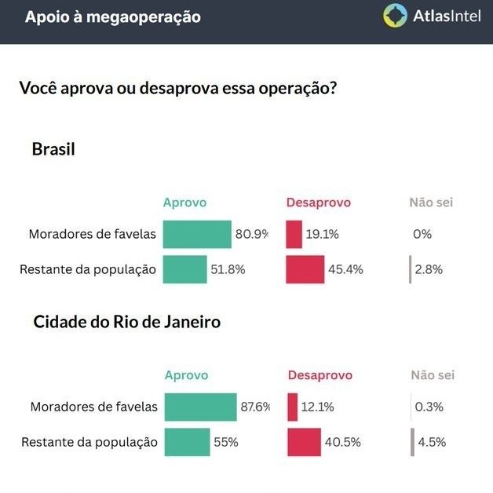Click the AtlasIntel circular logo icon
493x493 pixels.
395,16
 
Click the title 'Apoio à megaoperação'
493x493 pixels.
112,16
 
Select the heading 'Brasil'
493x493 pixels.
53,149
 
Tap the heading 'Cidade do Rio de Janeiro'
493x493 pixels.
126,322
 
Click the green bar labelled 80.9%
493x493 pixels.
197,234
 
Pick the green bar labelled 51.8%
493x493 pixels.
184,269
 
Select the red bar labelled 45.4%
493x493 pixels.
305,269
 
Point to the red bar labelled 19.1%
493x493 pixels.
294,234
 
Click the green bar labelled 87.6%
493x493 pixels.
200,407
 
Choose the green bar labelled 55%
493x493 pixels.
187,442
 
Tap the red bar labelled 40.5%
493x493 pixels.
305,442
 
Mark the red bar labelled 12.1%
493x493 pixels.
293,407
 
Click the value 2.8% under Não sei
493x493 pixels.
429,269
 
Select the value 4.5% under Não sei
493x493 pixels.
432,442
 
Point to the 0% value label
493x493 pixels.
422,234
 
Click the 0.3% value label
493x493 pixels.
429,407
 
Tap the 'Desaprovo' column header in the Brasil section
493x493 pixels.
318,203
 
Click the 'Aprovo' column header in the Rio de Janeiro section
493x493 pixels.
186,375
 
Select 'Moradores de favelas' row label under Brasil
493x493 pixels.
92,234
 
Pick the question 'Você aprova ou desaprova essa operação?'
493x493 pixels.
178,88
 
